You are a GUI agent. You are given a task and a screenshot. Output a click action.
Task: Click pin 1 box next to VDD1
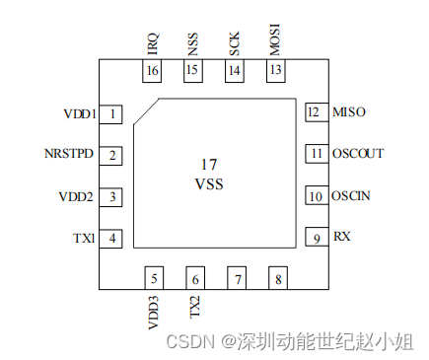click(x=114, y=114)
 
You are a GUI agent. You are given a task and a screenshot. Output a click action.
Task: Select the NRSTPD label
click(x=69, y=155)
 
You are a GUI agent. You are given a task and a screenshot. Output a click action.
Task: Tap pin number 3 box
click(x=114, y=196)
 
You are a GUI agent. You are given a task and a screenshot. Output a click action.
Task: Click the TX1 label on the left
click(x=84, y=238)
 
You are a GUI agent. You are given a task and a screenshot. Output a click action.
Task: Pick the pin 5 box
click(x=153, y=278)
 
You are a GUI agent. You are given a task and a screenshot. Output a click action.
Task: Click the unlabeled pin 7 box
click(x=237, y=278)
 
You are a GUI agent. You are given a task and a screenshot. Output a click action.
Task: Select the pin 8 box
click(x=278, y=278)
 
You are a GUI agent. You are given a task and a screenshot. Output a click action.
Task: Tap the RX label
click(x=341, y=237)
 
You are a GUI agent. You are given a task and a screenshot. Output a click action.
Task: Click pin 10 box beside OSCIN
click(x=315, y=195)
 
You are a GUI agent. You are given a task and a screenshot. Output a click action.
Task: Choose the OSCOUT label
click(x=359, y=154)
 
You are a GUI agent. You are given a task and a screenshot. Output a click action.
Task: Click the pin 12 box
click(x=315, y=112)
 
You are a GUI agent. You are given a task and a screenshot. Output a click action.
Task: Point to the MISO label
click(x=350, y=112)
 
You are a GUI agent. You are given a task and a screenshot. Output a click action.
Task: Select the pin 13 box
click(x=275, y=70)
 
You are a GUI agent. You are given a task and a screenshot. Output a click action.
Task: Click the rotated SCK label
click(x=234, y=44)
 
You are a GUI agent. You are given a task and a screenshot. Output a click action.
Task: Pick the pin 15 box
click(x=191, y=70)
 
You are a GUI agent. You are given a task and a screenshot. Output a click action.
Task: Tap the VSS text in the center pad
click(x=209, y=184)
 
